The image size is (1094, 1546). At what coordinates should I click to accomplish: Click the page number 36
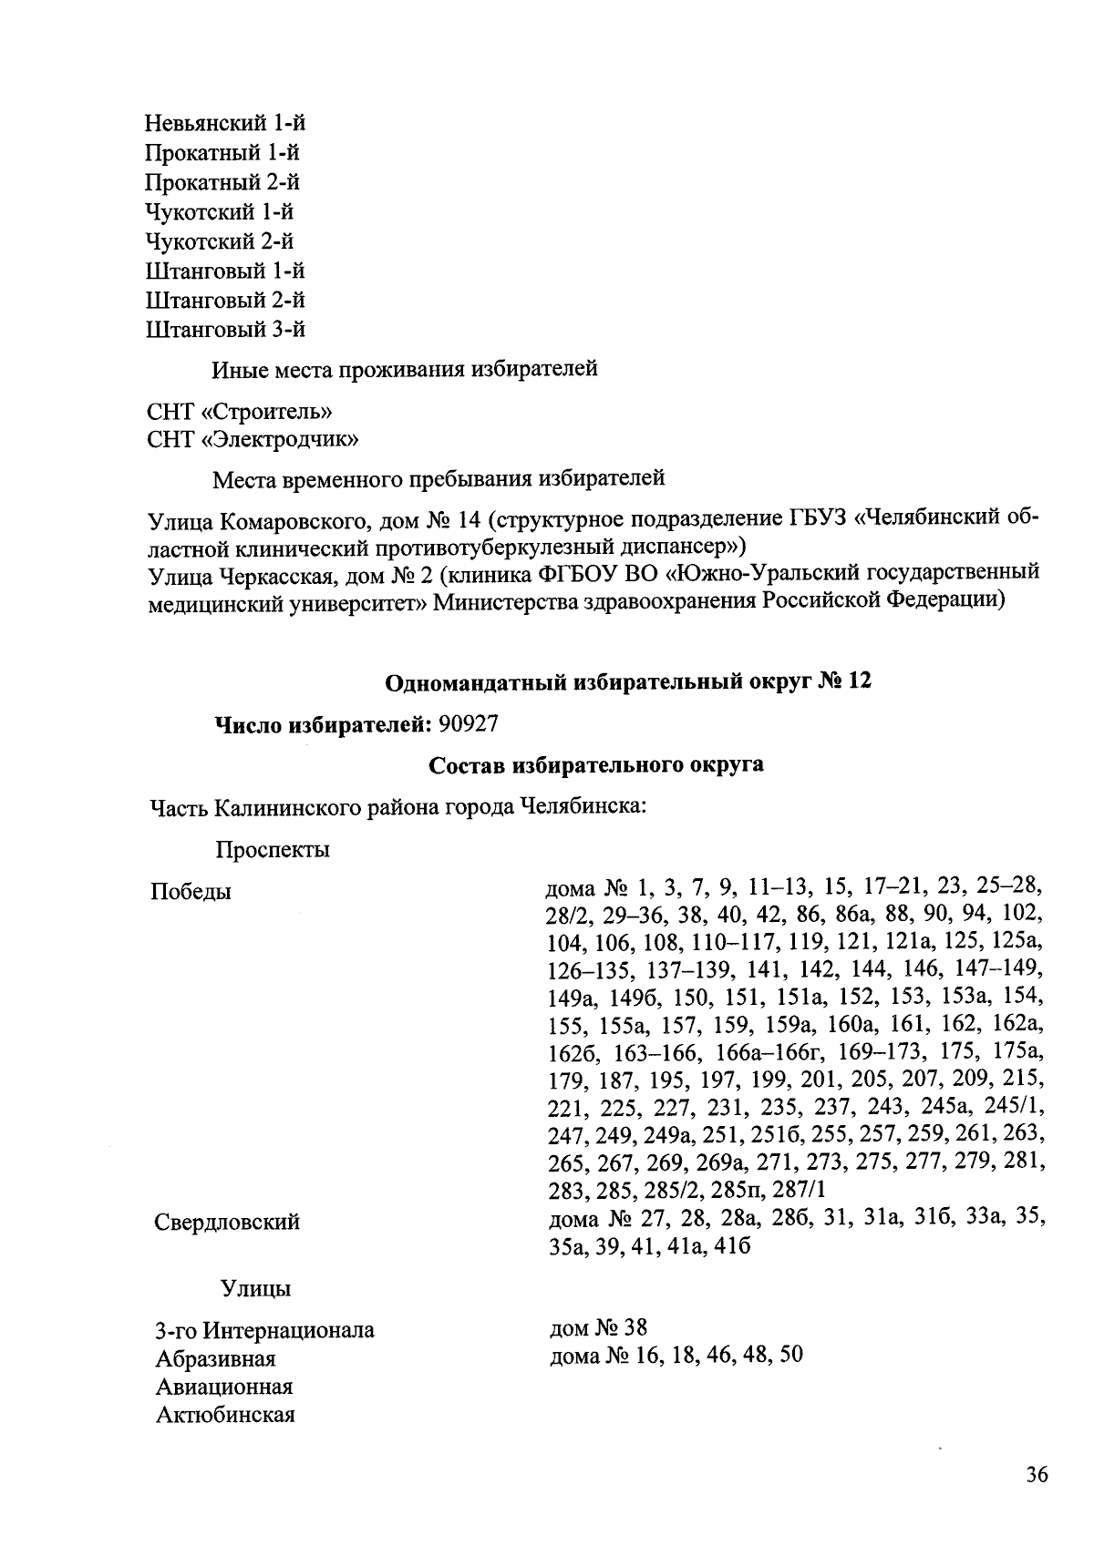[x=1037, y=1475]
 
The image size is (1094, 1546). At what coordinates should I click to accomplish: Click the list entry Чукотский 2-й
[x=220, y=241]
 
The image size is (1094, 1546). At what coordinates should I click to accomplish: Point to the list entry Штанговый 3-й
[x=225, y=329]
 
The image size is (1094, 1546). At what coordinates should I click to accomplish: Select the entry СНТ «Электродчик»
[x=252, y=440]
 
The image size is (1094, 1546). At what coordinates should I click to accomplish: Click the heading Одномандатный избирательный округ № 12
[x=627, y=681]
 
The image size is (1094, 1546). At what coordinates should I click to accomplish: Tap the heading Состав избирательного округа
[x=596, y=764]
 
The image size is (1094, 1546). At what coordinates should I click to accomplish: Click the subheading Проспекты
[x=273, y=850]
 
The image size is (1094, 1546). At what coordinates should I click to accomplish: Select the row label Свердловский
[x=227, y=1222]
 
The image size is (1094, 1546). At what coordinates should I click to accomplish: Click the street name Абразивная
[x=215, y=1358]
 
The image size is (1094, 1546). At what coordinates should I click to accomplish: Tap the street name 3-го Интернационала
[x=264, y=1329]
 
